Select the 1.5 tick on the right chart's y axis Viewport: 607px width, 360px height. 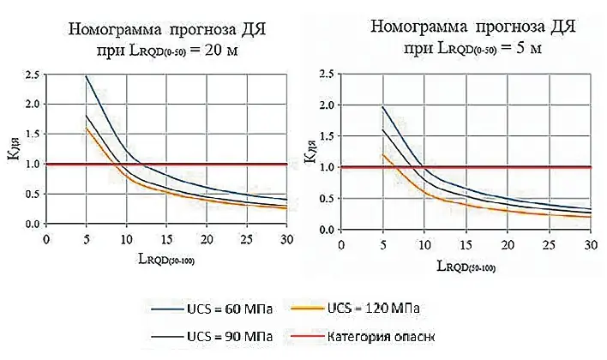pyautogui.click(x=327, y=136)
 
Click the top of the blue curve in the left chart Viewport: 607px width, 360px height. pyautogui.click(x=87, y=76)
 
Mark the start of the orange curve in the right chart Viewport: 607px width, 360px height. pyautogui.click(x=382, y=155)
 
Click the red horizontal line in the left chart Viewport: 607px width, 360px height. pyautogui.click(x=214, y=163)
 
